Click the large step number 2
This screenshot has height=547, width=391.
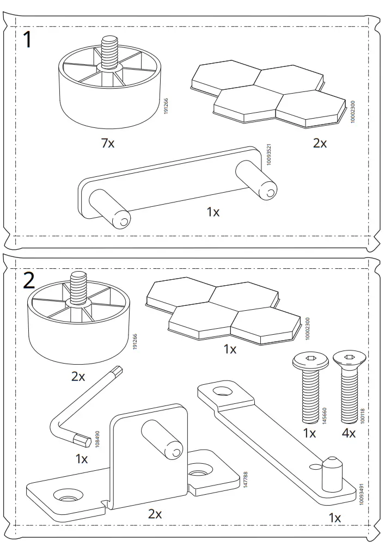[x=29, y=281]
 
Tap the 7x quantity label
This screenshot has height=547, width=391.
[x=108, y=143]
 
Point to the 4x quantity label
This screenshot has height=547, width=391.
[x=349, y=433]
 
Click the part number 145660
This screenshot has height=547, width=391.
[x=325, y=415]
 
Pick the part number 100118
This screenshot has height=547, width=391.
[x=362, y=416]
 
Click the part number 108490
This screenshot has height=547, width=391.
[x=97, y=439]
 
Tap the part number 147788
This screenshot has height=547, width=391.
[x=246, y=480]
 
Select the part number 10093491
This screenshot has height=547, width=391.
[x=361, y=494]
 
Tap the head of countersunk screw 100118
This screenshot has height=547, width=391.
[x=349, y=359]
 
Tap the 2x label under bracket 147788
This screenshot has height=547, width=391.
[x=155, y=514]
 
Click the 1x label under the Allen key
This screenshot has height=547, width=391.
[x=82, y=459]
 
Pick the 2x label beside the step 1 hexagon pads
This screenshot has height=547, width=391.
[x=320, y=143]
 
